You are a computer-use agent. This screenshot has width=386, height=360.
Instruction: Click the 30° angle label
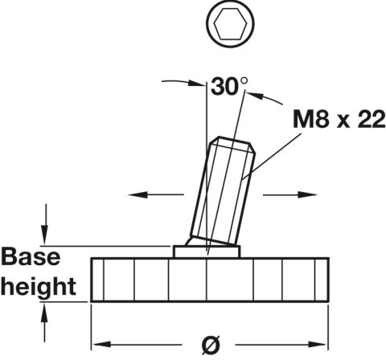point(229,86)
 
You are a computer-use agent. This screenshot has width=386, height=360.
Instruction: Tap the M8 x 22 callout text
point(339,119)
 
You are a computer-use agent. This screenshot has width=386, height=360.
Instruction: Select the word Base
point(31,256)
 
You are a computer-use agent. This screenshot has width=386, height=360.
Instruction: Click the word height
point(39,286)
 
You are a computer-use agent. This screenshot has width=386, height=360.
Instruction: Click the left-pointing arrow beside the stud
point(156,194)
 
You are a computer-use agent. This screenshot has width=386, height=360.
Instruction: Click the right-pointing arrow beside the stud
point(290,194)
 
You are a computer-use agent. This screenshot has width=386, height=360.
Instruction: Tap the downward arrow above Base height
point(45,224)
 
